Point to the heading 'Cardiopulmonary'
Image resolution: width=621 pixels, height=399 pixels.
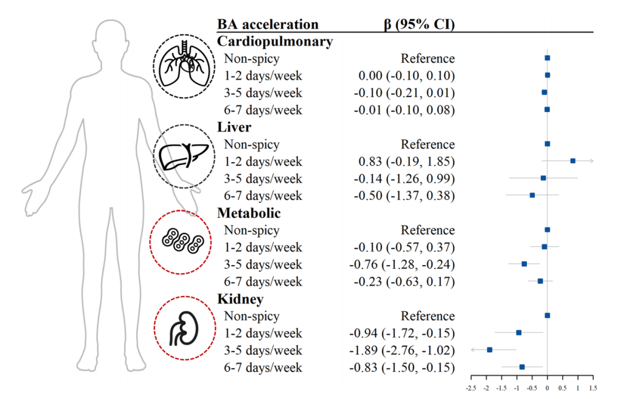(x=275, y=41)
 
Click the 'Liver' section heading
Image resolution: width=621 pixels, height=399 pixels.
(x=234, y=127)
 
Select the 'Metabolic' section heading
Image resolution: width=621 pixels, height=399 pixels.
(x=249, y=213)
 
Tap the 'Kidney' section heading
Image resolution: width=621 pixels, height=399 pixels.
(x=240, y=299)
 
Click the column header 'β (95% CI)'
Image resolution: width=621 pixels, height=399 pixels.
(x=419, y=24)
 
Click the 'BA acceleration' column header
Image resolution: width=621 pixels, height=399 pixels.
(x=267, y=24)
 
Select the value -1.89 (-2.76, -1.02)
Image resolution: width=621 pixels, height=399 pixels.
(x=402, y=351)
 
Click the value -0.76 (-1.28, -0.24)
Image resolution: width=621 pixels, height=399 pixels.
(x=402, y=264)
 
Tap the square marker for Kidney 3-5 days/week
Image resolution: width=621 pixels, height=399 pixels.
(x=489, y=350)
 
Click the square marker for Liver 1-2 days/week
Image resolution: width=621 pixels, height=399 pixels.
(x=573, y=161)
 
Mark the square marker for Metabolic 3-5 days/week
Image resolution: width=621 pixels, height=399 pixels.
(x=524, y=264)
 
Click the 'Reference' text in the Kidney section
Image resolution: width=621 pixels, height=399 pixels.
(x=428, y=316)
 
